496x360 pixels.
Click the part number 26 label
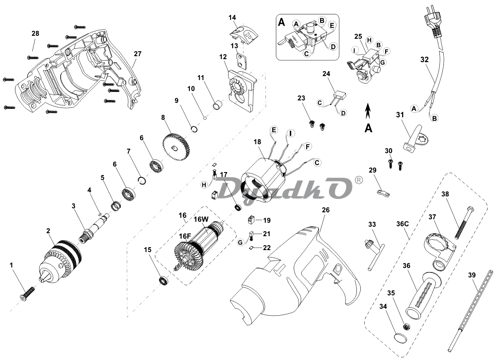326,210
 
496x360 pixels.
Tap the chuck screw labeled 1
27,293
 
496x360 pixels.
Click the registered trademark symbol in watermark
358,180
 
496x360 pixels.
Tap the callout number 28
35,33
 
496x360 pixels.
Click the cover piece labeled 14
244,34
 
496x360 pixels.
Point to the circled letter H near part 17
204,184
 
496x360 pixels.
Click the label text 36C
402,224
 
